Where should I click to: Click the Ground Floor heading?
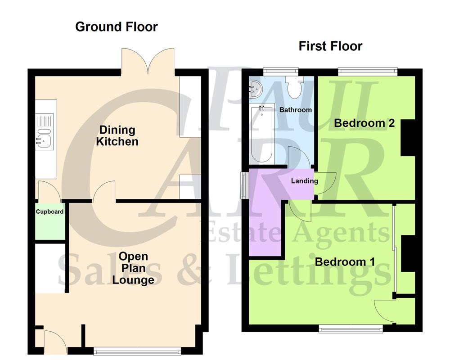116,27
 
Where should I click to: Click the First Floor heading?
330,46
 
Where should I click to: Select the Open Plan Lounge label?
133,268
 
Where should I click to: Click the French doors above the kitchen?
148,61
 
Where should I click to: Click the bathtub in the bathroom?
262,134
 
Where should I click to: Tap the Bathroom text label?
296,110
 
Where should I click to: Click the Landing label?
304,181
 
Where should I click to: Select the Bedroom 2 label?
364,123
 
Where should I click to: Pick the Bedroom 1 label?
345,262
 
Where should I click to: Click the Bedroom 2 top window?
368,71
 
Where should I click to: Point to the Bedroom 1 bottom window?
351,330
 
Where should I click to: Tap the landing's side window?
243,184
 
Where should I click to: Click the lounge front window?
138,349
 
